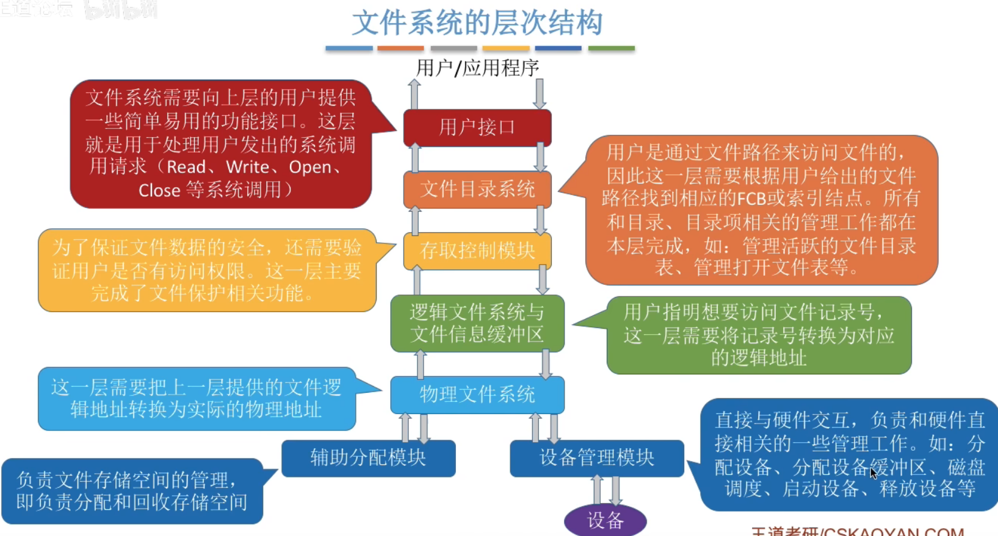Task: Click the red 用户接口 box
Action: click(477, 127)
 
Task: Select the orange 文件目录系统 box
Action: click(477, 189)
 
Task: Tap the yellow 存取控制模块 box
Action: click(477, 250)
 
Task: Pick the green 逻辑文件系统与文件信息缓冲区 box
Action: click(477, 323)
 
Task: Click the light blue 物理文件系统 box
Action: click(477, 395)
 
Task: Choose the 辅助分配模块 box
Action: click(368, 458)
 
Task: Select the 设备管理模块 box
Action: click(596, 458)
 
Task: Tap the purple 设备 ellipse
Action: click(605, 520)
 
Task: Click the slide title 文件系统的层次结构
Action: click(477, 23)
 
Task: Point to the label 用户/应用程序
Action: click(477, 68)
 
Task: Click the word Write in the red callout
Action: click(247, 167)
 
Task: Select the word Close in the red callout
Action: click(159, 191)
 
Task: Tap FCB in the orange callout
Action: click(751, 199)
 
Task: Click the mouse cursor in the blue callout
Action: click(873, 473)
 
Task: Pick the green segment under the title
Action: click(611, 48)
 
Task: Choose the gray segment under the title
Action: click(454, 48)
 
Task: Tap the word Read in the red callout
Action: click(186, 167)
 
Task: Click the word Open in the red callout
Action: click(309, 167)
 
